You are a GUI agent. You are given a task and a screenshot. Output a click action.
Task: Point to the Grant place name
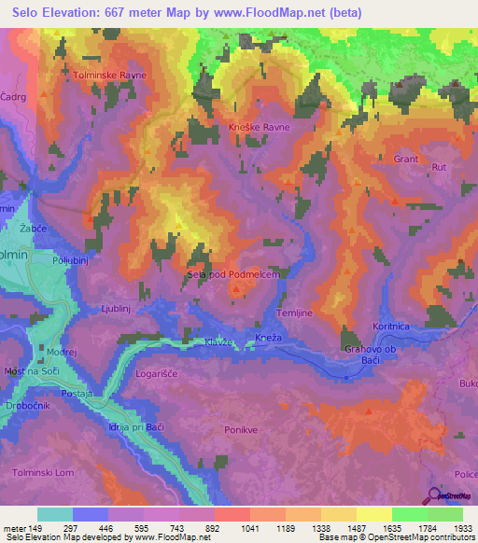(x=406, y=160)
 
